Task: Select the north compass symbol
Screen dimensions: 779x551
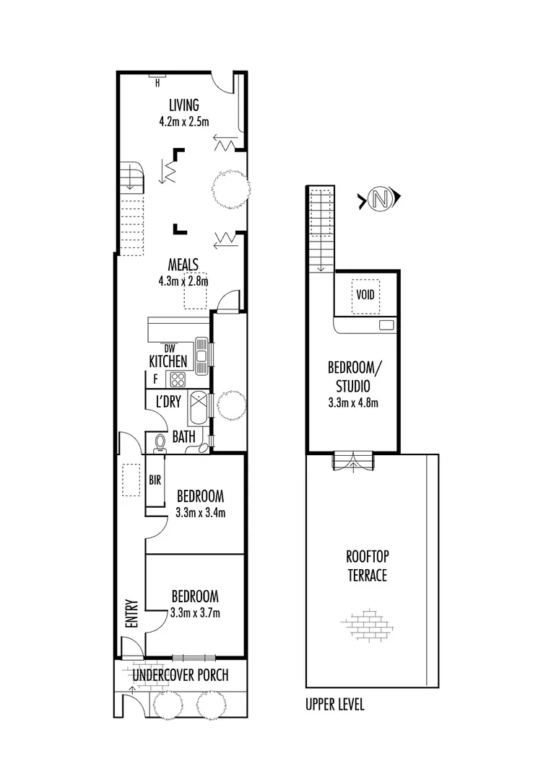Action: coord(378,199)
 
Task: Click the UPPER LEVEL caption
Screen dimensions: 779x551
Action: coord(335,705)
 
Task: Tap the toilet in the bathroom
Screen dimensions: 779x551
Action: coord(160,442)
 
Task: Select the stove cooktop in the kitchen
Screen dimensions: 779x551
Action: coord(177,379)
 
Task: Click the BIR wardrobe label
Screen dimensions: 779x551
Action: coord(155,479)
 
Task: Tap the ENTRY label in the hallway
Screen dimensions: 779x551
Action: coord(131,615)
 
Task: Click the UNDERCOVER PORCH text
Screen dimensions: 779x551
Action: coord(181,675)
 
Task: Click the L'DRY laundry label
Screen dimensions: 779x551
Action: coord(168,402)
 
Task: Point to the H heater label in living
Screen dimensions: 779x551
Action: coord(157,83)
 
